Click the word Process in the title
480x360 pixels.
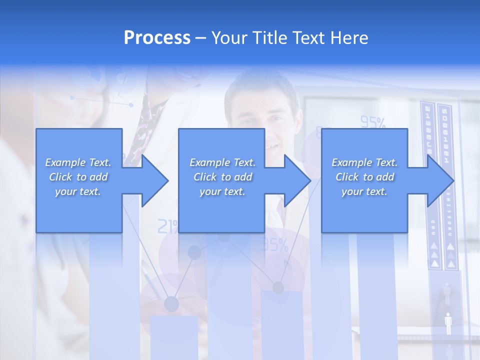click(x=157, y=38)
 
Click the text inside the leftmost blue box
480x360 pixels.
click(x=78, y=177)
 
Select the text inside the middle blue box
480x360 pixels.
click(x=222, y=177)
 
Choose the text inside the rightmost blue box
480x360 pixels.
click(x=364, y=177)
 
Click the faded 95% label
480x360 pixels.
click(x=373, y=122)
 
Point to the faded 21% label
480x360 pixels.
click(x=167, y=227)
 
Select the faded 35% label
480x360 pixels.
click(x=275, y=245)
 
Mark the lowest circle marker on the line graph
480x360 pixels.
click(x=171, y=303)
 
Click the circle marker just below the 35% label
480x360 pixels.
click(x=278, y=287)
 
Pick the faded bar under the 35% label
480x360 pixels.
click(x=281, y=325)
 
